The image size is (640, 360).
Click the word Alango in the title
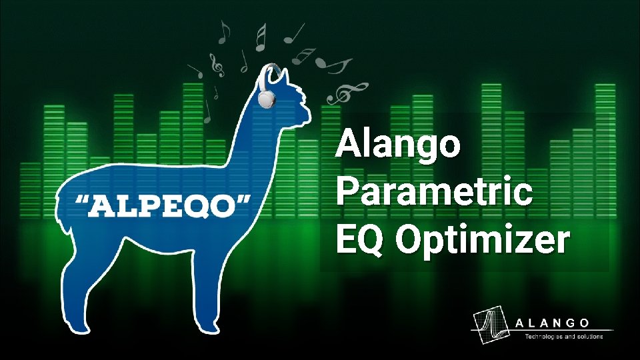[398, 145]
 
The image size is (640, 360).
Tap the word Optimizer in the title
[483, 241]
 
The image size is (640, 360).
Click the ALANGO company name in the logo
[553, 323]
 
